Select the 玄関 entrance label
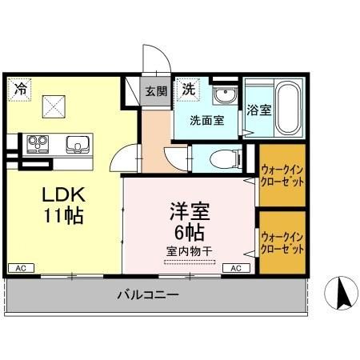[155, 90]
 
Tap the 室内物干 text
[190, 251]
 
